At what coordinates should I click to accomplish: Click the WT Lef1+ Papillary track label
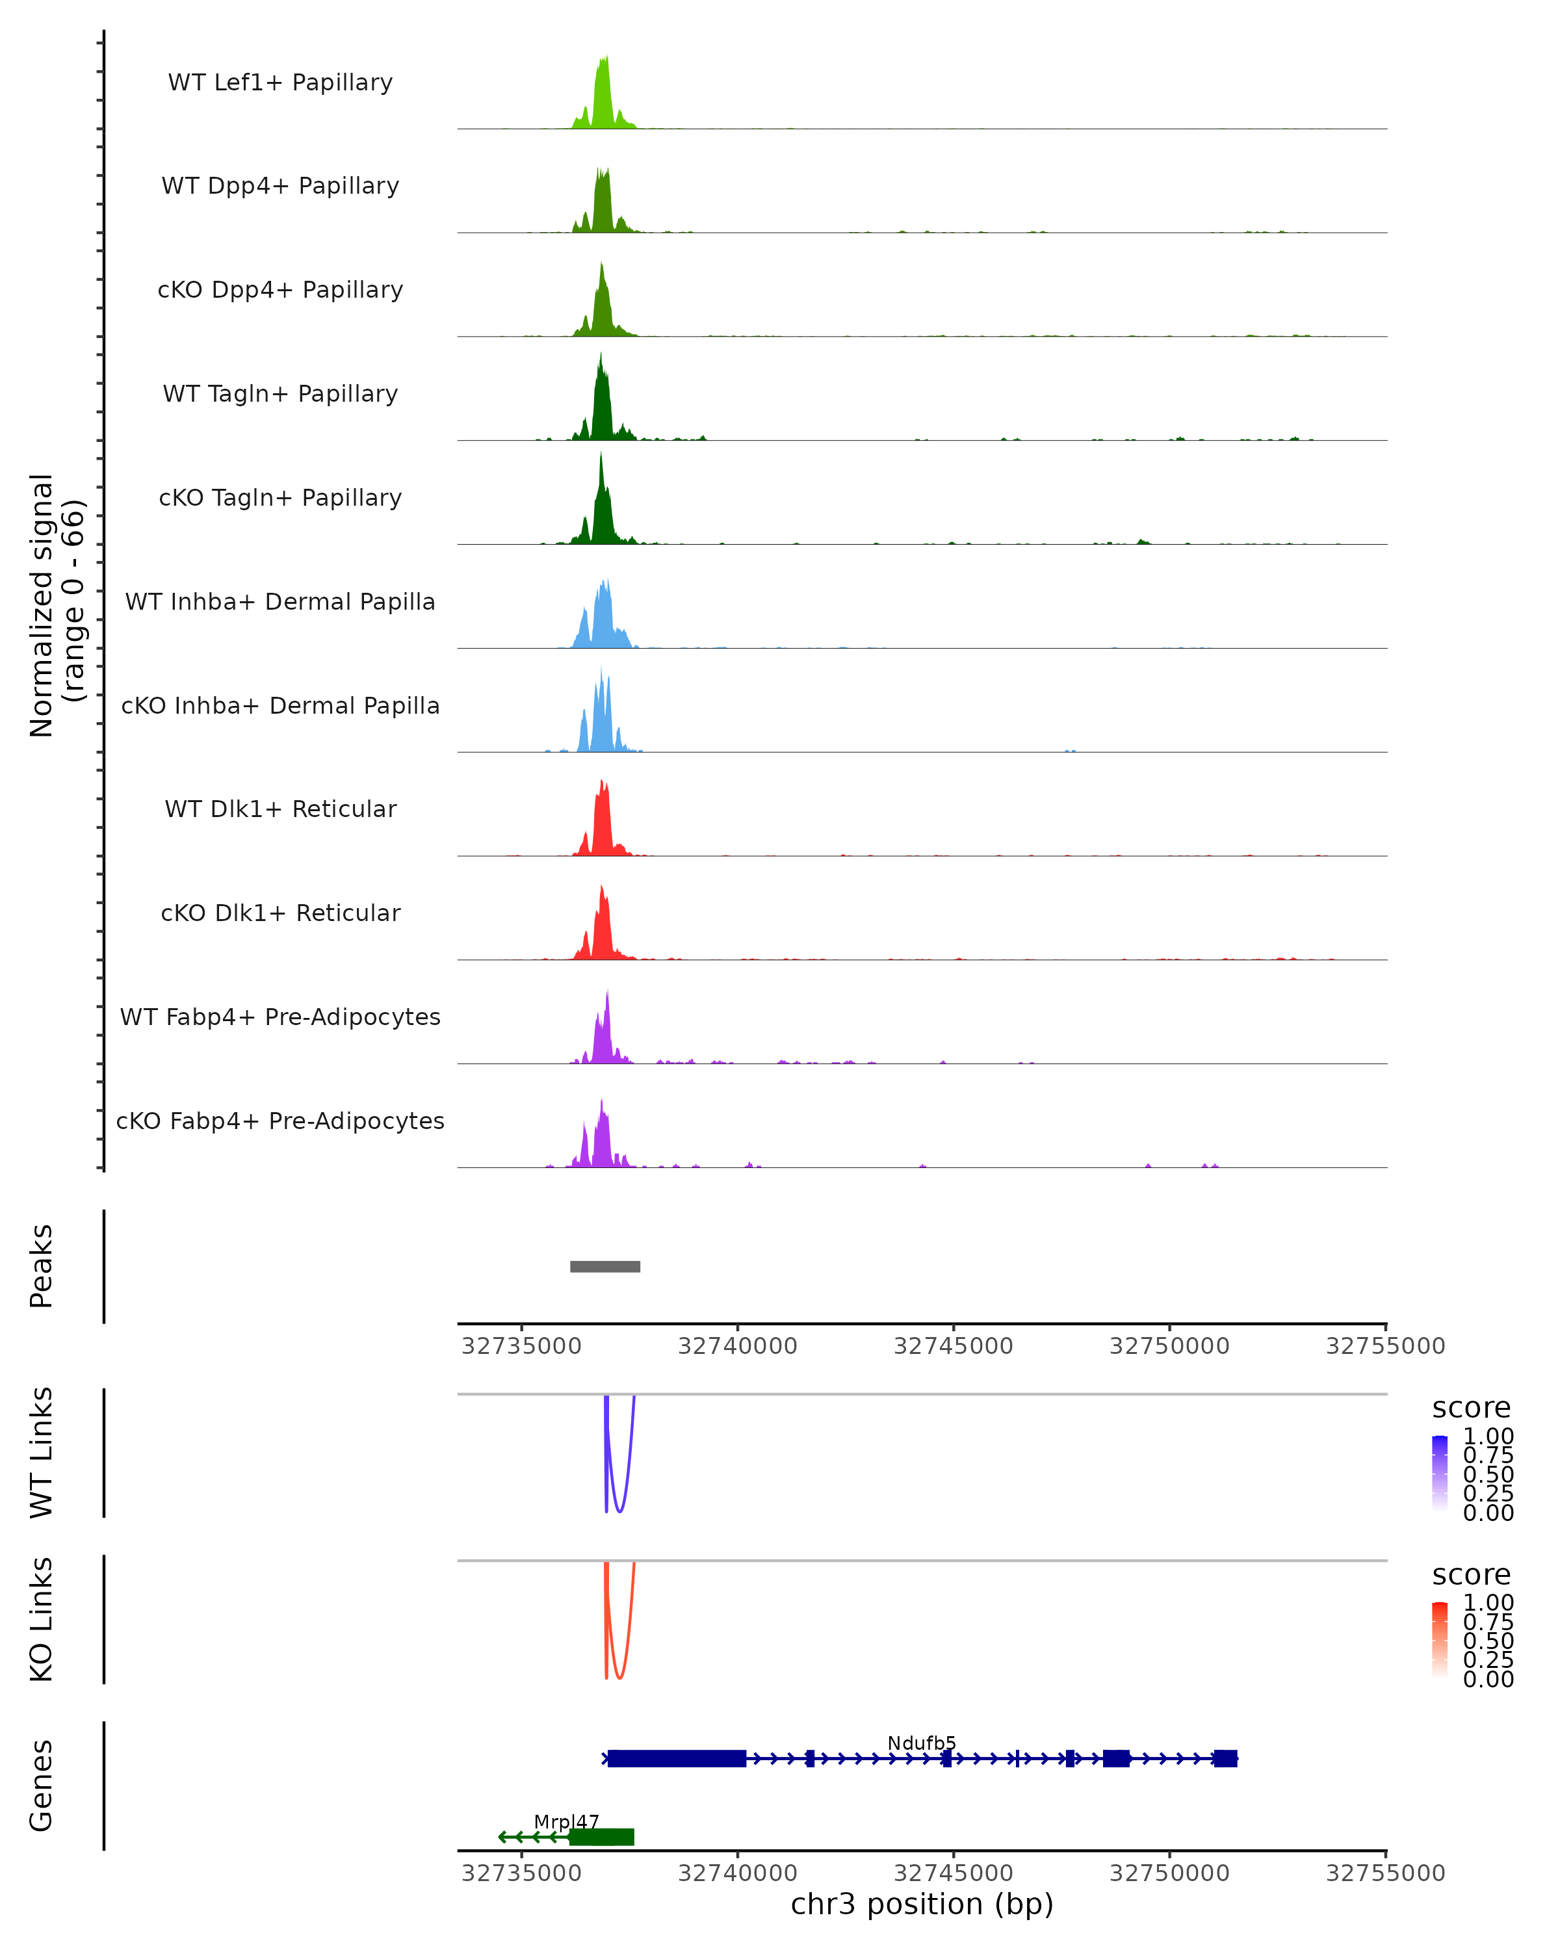280,83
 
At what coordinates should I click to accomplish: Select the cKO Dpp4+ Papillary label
280,289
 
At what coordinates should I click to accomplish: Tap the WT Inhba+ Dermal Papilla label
280,601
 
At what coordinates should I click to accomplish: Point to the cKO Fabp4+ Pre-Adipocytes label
280,1121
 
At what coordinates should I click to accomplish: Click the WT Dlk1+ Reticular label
280,809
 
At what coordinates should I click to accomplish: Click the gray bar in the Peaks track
605,1266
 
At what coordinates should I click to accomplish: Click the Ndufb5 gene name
920,1743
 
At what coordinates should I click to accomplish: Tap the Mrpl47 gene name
566,1821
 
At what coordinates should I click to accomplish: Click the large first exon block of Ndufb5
677,1758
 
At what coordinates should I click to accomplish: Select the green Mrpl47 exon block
601,1837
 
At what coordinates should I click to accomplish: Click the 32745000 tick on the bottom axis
953,1872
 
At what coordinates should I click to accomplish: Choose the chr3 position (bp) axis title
922,1904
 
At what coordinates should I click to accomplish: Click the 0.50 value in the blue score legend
1488,1474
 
